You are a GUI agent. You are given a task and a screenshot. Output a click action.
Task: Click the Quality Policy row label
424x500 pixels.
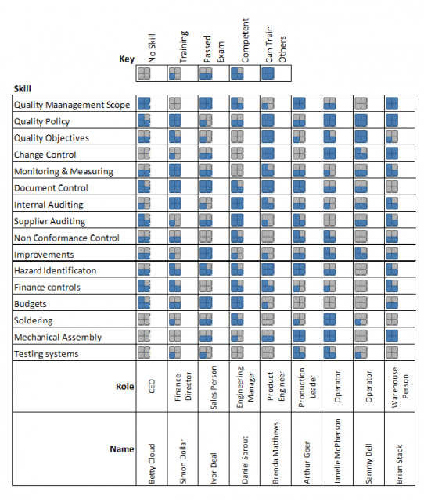coord(42,121)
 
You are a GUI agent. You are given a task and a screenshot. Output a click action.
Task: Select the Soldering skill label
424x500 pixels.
coord(34,320)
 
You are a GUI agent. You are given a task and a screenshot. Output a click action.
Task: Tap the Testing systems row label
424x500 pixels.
coord(46,354)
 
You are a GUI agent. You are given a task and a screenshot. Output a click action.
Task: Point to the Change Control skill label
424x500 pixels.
coord(45,155)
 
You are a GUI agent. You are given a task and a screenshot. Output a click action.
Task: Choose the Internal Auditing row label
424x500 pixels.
coord(49,205)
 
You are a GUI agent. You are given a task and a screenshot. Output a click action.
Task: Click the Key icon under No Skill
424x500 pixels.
coord(145,73)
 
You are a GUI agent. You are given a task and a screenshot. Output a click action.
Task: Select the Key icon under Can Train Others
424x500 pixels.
coord(268,73)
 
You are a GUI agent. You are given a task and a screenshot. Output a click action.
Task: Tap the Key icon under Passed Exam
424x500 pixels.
coord(207,73)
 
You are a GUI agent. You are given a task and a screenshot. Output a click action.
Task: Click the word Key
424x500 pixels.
coord(126,59)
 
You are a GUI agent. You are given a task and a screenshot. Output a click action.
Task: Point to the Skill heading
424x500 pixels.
coord(22,89)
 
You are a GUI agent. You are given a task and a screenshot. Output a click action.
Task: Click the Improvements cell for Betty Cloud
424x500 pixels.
coord(145,254)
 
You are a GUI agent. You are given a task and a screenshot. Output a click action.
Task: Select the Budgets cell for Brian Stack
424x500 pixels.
coord(392,304)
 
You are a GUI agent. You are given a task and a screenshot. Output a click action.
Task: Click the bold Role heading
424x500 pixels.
coord(124,386)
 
